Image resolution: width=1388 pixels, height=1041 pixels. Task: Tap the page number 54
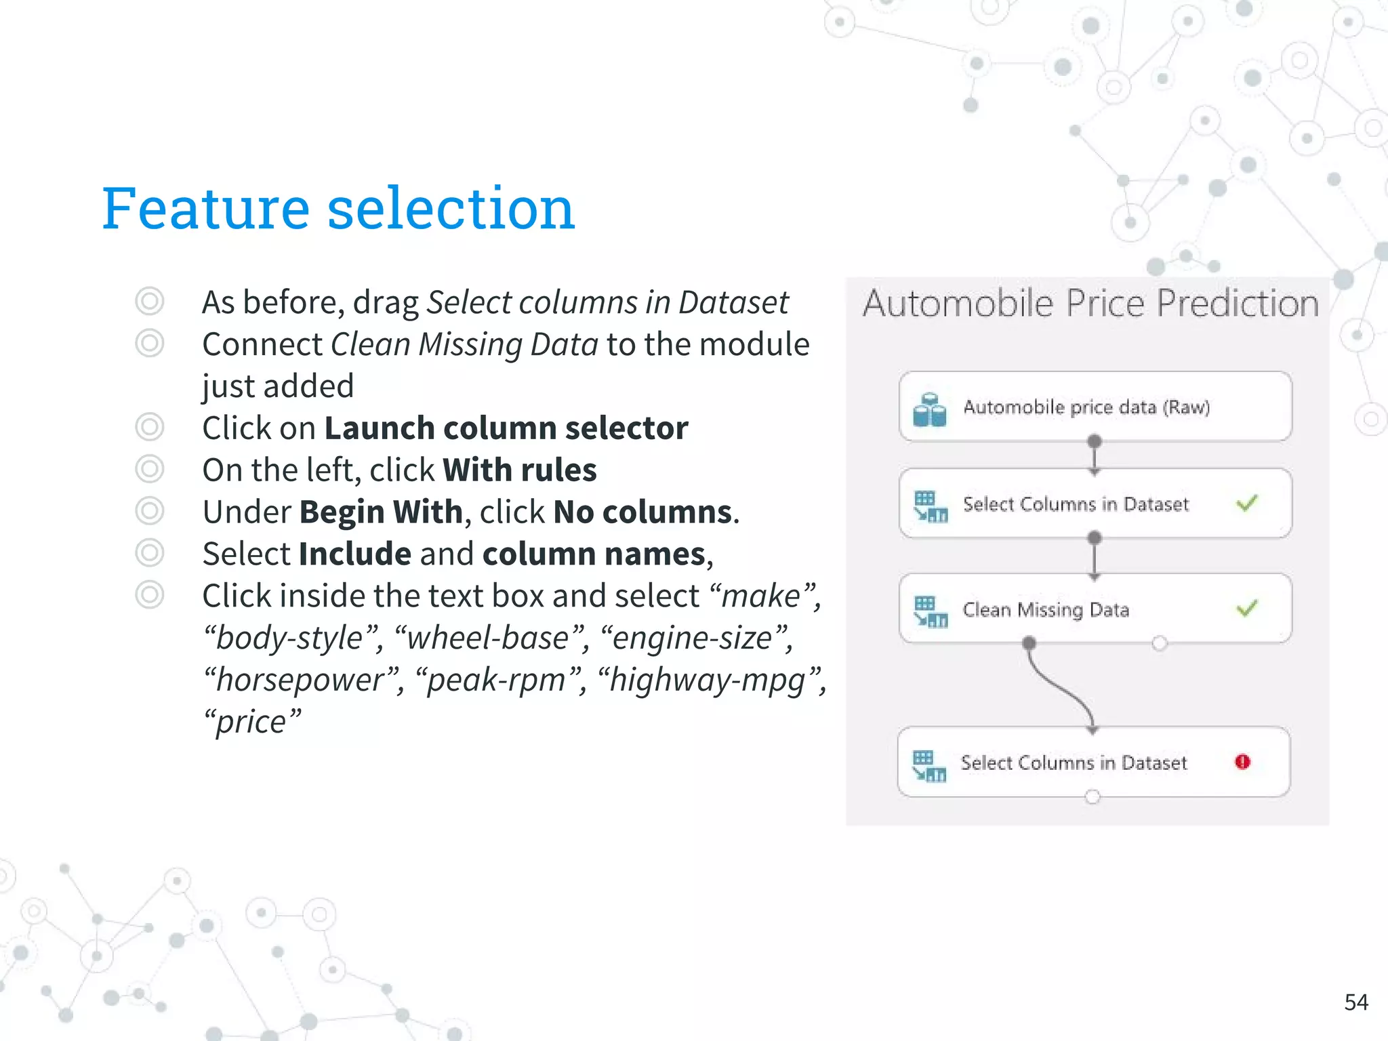pos(1355,1002)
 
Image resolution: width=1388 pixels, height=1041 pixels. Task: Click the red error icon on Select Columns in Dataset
pos(1242,762)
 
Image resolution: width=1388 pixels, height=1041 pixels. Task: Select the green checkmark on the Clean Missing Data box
pos(1246,608)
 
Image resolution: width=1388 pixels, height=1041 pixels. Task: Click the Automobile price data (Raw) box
pos(1095,407)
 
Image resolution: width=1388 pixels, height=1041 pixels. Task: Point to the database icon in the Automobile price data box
pos(929,409)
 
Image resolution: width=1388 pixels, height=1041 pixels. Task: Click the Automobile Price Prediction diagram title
pos(1090,303)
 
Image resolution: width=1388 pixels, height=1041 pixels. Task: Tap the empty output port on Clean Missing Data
pos(1159,643)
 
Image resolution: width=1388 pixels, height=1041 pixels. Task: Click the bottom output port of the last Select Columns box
pos(1092,797)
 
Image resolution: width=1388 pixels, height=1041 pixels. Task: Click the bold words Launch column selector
pos(506,428)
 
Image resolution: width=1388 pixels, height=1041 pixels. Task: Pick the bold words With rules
pos(519,470)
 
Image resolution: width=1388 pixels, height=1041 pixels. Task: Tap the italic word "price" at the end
pos(251,722)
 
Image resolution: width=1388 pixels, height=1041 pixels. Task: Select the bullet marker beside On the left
pos(149,469)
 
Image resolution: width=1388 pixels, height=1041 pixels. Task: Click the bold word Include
pos(354,554)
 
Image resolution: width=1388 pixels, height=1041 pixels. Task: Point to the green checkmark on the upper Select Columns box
pos(1246,504)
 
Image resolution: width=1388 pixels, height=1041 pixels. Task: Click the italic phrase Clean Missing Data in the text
pos(464,345)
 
